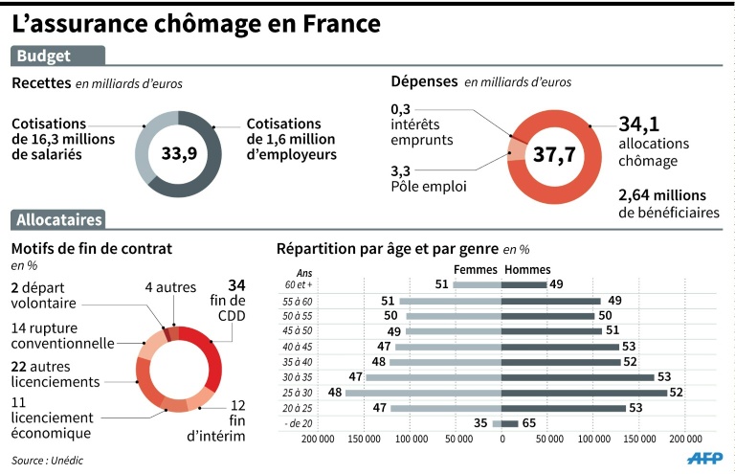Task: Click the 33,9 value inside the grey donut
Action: pyautogui.click(x=179, y=153)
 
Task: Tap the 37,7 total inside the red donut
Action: pyautogui.click(x=553, y=155)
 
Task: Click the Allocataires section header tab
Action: pyautogui.click(x=58, y=220)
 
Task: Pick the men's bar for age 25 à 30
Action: pyautogui.click(x=584, y=393)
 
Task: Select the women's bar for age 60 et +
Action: pyautogui.click(x=477, y=284)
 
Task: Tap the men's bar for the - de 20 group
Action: pyautogui.click(x=510, y=423)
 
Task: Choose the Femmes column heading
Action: pyautogui.click(x=476, y=269)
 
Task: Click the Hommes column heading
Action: pyautogui.click(x=527, y=269)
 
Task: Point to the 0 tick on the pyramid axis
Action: pyautogui.click(x=502, y=440)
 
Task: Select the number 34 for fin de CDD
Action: pyautogui.click(x=236, y=285)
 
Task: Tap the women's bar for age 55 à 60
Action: pyautogui.click(x=451, y=301)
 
